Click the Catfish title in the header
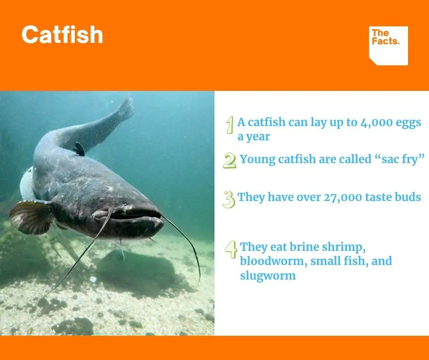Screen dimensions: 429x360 point(62,35)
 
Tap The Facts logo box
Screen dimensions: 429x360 point(388,46)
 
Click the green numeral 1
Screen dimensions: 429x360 point(230,125)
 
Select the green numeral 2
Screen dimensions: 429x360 point(229,160)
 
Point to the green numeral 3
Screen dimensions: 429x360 point(229,199)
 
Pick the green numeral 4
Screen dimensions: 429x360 point(231,249)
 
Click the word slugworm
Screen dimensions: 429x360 point(268,276)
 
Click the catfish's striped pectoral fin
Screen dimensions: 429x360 point(31,217)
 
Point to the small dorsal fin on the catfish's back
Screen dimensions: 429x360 point(79,149)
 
